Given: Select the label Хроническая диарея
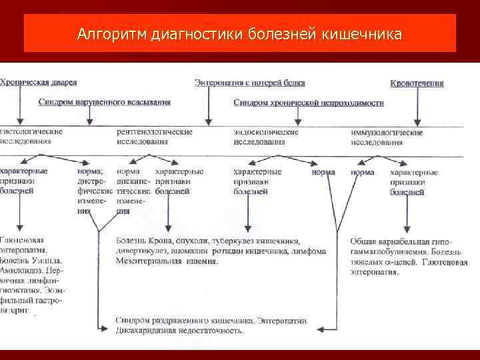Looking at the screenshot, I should coord(39,83).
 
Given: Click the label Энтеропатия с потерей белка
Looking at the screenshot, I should coord(250,83).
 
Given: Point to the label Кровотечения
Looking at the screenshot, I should coord(417,83).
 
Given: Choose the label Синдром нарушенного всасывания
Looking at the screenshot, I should coord(104,102).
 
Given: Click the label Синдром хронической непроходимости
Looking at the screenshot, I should coord(309,103).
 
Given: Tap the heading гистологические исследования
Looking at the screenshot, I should coord(31,137).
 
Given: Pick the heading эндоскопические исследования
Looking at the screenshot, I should coord(266,137).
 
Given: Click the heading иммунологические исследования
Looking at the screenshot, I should coord(387,137).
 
